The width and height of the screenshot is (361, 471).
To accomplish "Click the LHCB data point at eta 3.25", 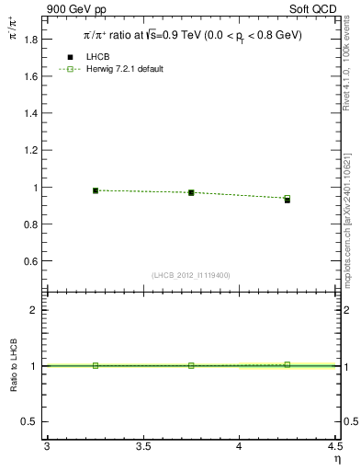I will [x=96, y=190].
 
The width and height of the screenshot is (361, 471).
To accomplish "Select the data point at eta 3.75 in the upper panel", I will [x=191, y=192].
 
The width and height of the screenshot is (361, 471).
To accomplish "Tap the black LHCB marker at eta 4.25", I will [x=287, y=200].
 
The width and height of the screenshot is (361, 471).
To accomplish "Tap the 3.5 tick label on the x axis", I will [x=142, y=446].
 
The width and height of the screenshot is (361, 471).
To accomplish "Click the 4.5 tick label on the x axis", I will [x=334, y=446].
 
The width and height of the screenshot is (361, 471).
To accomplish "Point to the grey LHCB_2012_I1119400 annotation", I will [x=191, y=275].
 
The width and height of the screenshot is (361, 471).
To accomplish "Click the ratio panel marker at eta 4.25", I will [x=287, y=364].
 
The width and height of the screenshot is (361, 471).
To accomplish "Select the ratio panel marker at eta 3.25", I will [x=96, y=365].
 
